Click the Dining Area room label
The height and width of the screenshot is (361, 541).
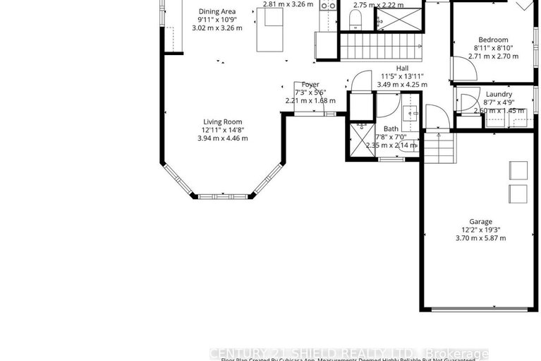(x=217, y=11)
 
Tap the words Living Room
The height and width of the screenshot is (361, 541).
(x=223, y=122)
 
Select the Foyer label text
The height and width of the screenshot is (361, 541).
(x=310, y=84)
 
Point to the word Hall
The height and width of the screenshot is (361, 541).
(x=403, y=68)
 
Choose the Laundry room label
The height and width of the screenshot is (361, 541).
(x=499, y=94)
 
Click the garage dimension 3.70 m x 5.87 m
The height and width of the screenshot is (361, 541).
(x=481, y=238)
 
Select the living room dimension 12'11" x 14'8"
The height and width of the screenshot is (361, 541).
(x=223, y=130)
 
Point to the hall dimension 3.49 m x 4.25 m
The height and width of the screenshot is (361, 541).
(x=403, y=84)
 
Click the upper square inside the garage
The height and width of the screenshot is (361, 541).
(x=518, y=170)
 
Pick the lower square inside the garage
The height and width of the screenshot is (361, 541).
(x=518, y=193)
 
